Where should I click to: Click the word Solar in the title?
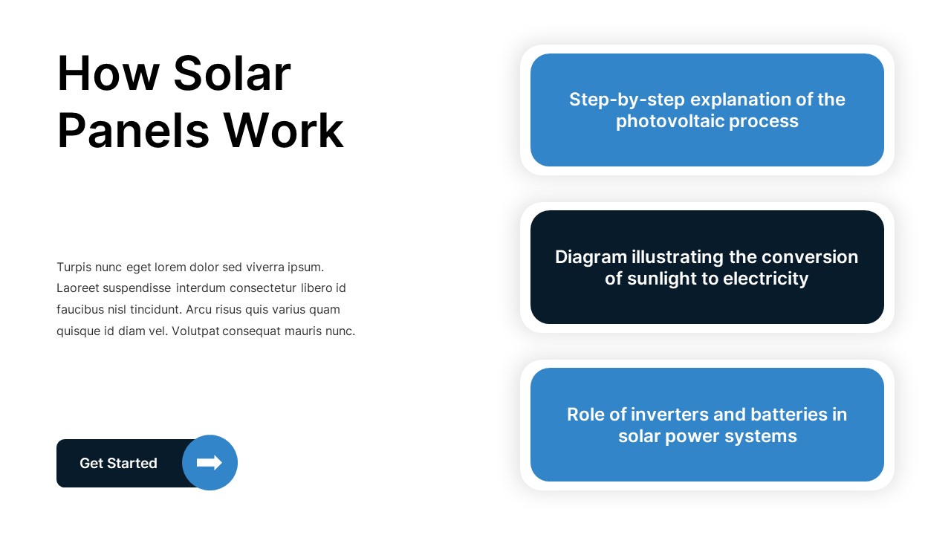click(231, 74)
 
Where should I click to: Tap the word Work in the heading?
click(284, 131)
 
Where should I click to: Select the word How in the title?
click(108, 74)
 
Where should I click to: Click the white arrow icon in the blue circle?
click(210, 463)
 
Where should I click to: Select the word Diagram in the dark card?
click(591, 257)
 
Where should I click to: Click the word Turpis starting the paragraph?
click(74, 267)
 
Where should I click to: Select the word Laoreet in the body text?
click(78, 288)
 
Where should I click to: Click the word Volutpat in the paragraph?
click(195, 331)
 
